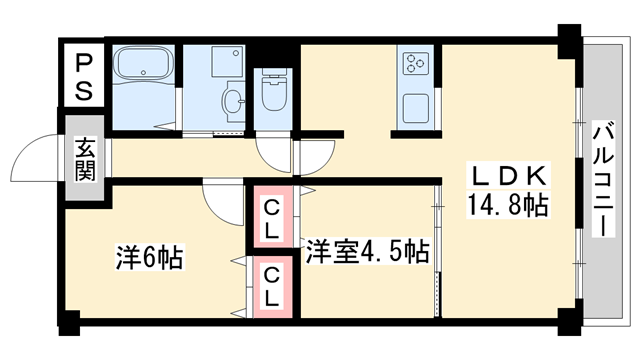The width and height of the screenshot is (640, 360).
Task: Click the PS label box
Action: (x=83, y=75)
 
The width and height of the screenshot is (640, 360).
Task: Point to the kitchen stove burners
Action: (x=414, y=66)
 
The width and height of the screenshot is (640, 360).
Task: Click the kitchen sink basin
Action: (x=414, y=103)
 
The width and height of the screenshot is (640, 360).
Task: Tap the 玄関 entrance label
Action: (x=83, y=158)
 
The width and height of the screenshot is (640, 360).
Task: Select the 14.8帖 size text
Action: (x=509, y=207)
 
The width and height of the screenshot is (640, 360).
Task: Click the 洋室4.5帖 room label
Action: (x=367, y=250)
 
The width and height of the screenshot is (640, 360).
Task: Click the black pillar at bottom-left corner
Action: (x=68, y=322)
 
